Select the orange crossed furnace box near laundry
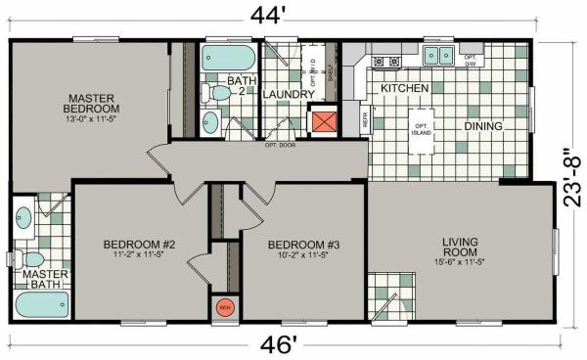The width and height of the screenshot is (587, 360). tap(322, 122)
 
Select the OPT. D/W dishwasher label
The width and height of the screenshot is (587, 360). tap(470, 60)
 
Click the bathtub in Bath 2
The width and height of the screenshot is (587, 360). tap(227, 58)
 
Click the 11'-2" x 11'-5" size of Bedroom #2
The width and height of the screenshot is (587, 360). tap(140, 253)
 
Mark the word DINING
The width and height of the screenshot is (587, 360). tap(483, 125)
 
